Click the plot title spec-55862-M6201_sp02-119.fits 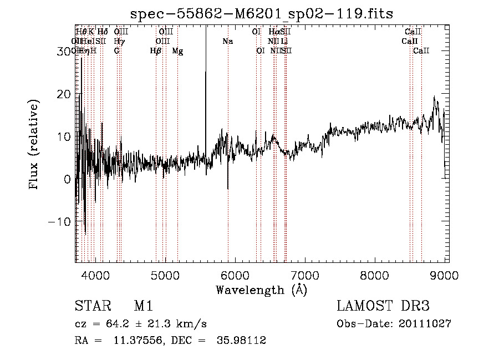click(261, 14)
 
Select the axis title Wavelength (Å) click(261, 289)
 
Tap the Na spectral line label click(227, 42)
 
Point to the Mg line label click(177, 51)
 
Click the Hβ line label click(156, 51)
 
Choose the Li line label click(284, 42)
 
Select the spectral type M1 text click(143, 306)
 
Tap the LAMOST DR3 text click(383, 306)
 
